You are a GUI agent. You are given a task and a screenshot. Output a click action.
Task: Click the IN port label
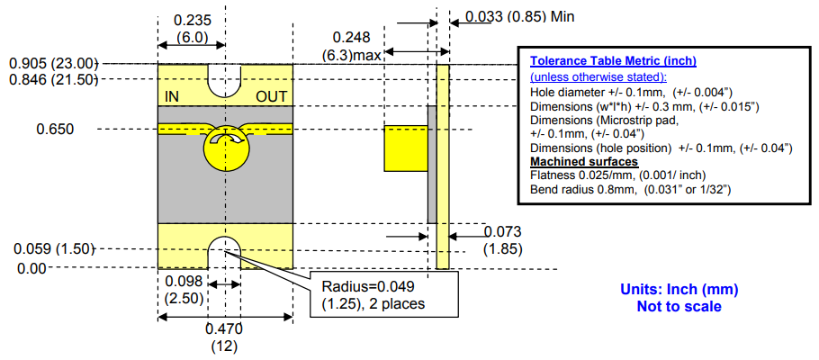tap(172, 95)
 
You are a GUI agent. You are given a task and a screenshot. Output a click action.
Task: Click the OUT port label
tap(272, 95)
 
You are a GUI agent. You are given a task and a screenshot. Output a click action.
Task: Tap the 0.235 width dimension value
tap(192, 20)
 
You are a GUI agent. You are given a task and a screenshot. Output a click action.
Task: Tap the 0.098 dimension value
tap(184, 282)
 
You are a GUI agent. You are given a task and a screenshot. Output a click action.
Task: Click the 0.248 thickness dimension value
tap(351, 37)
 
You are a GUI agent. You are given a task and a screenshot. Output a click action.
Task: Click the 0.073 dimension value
tap(502, 232)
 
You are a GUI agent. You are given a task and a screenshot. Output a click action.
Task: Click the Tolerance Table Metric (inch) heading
tap(613, 61)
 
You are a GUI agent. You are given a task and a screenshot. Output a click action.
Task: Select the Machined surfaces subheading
tap(572, 161)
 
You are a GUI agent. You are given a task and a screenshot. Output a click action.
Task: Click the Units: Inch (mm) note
tap(679, 290)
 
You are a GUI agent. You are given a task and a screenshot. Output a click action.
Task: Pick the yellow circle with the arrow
tap(226, 148)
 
